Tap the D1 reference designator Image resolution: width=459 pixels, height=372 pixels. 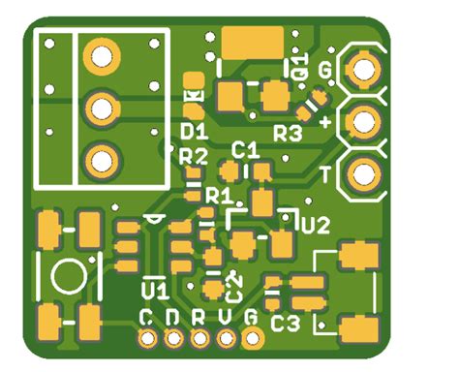point(194,130)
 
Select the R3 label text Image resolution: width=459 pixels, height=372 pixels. point(288,133)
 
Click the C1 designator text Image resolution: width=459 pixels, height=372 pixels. point(246,150)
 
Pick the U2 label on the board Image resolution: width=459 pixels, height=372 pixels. point(316,225)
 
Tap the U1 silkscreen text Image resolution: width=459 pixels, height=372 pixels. point(155,289)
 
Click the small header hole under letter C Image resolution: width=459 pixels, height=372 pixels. point(147,338)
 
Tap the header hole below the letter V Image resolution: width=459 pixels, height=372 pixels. point(227,338)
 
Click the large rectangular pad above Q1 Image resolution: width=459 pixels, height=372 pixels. point(252,42)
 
